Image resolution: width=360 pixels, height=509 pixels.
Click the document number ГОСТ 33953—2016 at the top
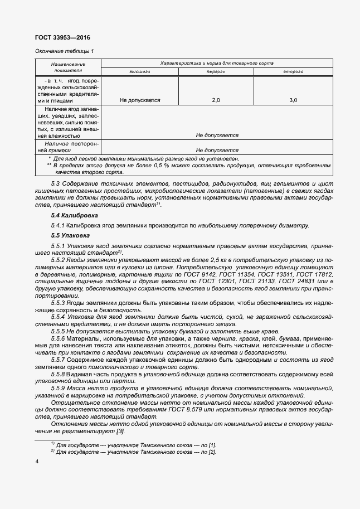coord(62,37)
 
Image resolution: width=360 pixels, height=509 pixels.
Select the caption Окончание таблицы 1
coord(65,51)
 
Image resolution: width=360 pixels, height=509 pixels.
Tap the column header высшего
coord(140,72)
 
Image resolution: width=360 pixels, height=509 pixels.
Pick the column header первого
coord(216,72)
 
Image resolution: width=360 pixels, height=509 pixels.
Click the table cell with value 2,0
coord(216,100)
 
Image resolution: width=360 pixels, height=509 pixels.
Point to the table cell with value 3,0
coord(293,100)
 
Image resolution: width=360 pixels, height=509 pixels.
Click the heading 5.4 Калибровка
coord(74,215)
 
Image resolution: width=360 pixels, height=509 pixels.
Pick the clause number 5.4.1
coord(59,225)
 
